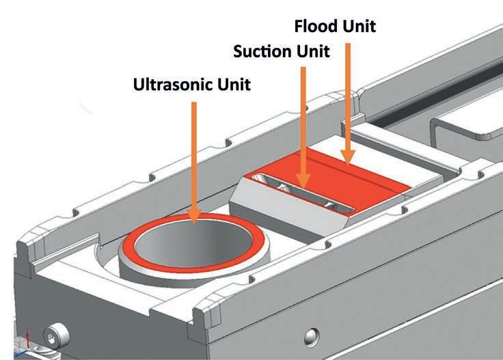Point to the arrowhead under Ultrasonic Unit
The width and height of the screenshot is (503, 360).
[195, 217]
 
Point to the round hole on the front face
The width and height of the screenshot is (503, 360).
[312, 335]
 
